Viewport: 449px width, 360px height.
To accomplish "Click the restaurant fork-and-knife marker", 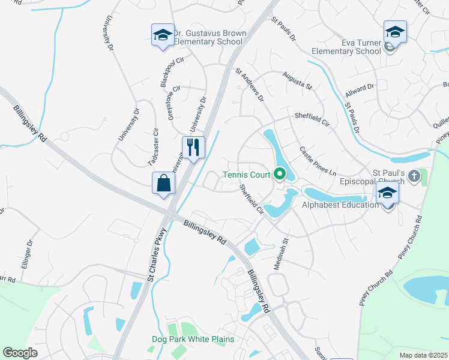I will click(x=193, y=148).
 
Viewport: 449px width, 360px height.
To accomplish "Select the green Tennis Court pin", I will click(x=279, y=175).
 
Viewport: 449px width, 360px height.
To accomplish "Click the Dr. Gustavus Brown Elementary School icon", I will click(x=162, y=35).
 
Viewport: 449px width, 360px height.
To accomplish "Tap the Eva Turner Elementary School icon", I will click(x=395, y=32).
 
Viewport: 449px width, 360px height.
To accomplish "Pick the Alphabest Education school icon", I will click(x=388, y=193).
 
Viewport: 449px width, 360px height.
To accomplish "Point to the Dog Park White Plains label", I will click(x=192, y=340).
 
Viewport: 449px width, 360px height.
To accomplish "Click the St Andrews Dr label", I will click(x=249, y=84).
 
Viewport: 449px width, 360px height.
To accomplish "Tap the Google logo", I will click(x=20, y=353).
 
